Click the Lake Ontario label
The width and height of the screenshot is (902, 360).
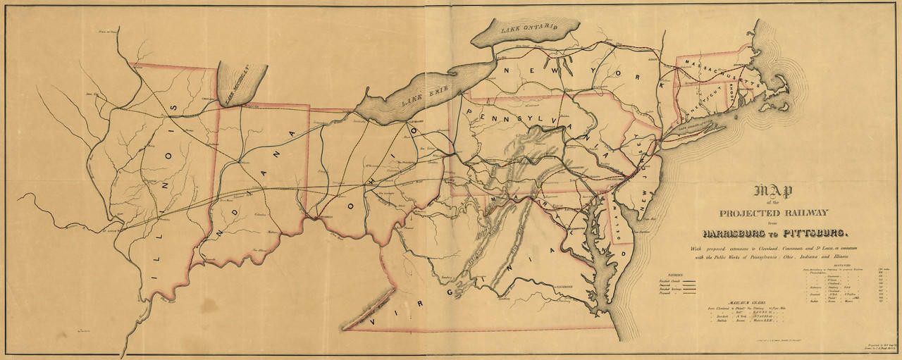click(529, 30)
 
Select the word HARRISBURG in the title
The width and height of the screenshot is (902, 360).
click(737, 233)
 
